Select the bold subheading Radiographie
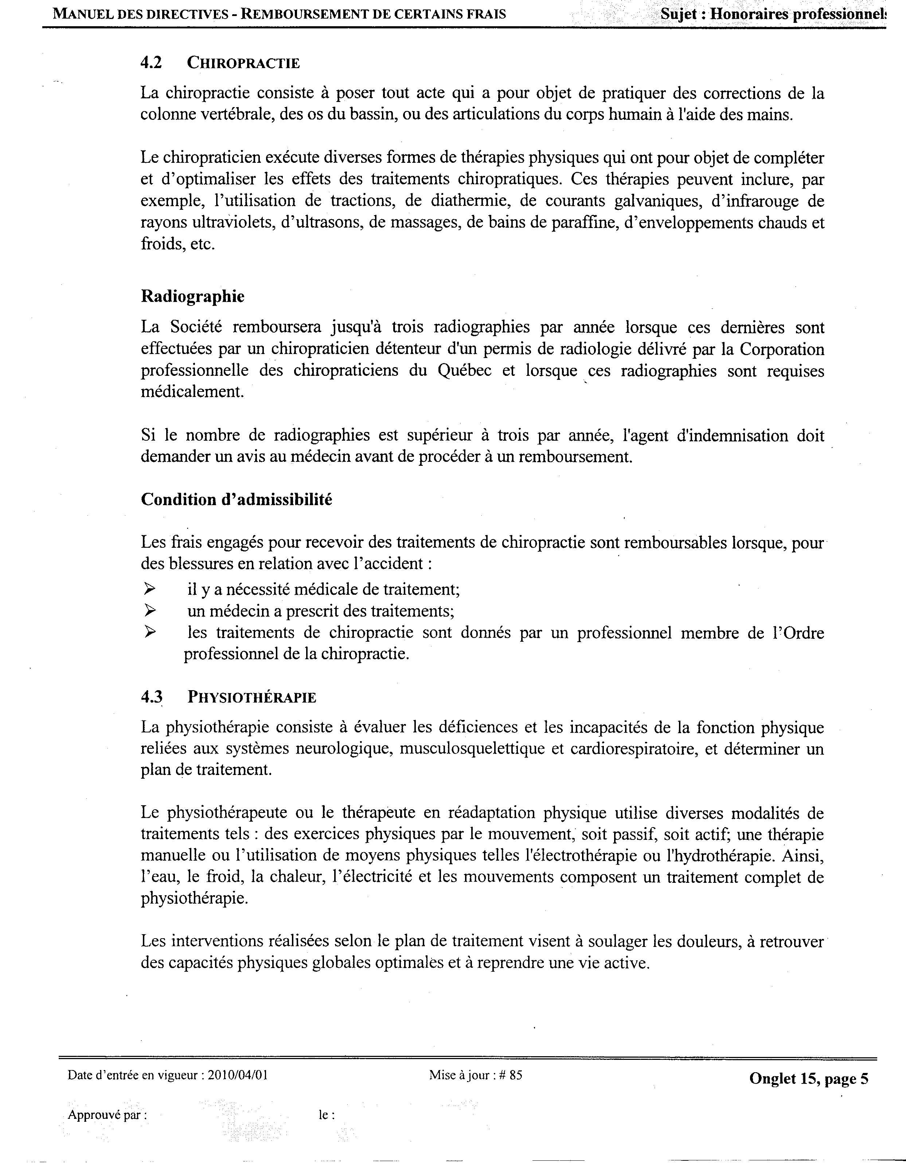point(192,296)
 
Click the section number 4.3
point(152,697)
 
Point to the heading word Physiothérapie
point(252,698)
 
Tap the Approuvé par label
point(107,1115)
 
